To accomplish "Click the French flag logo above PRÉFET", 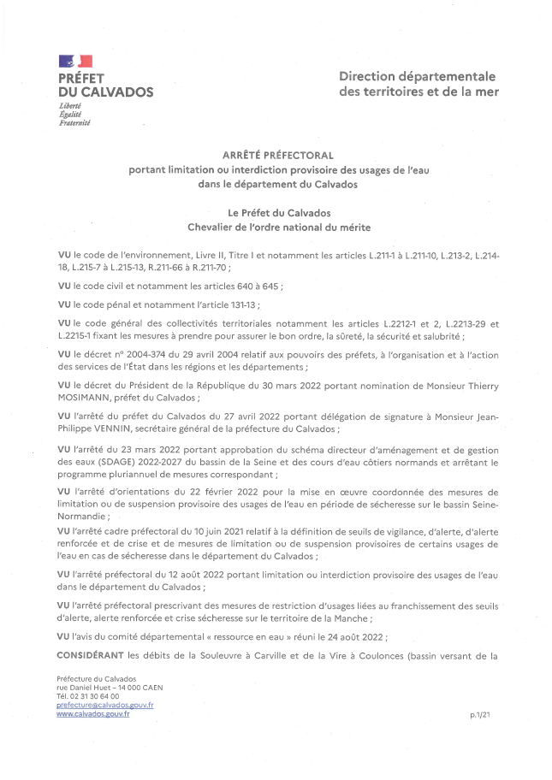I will pos(75,61).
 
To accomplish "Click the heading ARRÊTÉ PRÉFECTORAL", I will pos(276,156).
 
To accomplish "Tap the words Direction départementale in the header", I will pos(418,76).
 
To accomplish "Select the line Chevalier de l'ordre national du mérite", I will pos(276,226).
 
